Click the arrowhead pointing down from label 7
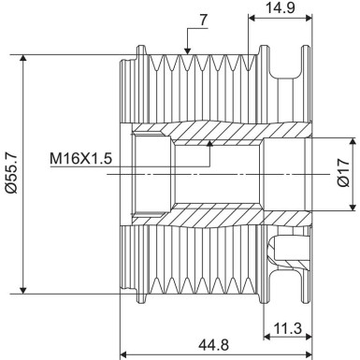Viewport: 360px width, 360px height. point(188,49)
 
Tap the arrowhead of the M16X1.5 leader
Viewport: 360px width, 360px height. point(211,142)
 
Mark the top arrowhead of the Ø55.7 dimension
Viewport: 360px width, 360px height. point(23,57)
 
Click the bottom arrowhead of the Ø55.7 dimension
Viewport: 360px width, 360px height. point(23,289)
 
